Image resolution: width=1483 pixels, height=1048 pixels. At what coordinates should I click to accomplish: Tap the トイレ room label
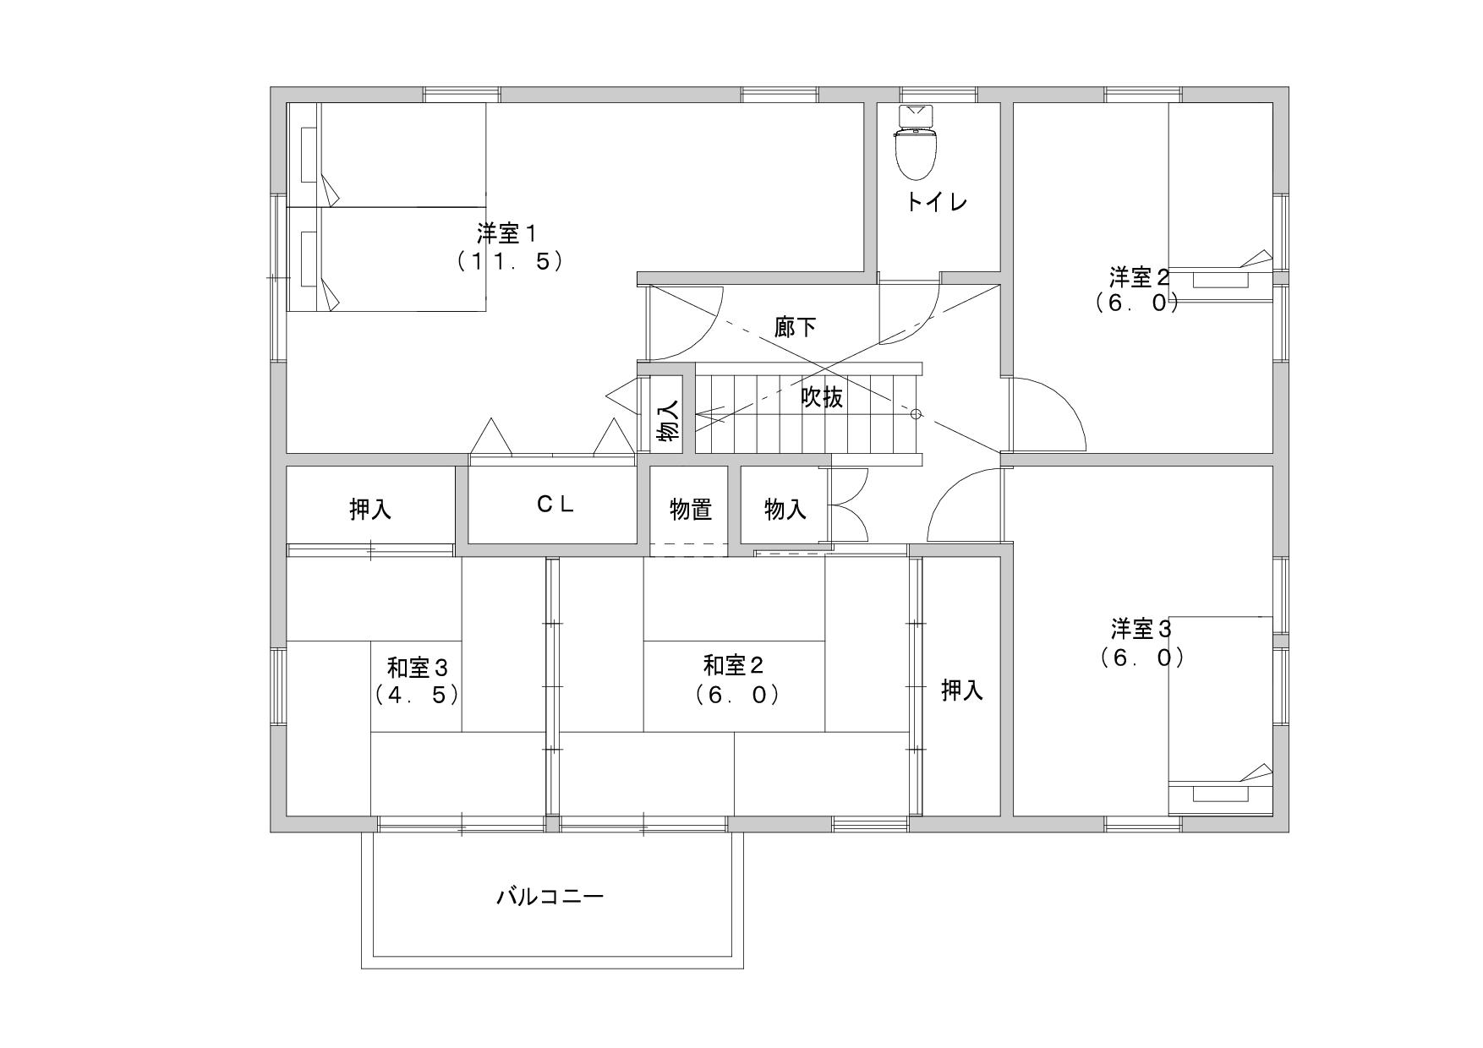click(x=937, y=202)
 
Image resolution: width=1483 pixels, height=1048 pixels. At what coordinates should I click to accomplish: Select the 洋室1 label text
click(x=508, y=232)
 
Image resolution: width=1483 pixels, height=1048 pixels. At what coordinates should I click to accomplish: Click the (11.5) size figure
click(x=510, y=260)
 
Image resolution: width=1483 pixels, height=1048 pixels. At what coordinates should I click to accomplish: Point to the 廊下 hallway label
click(x=795, y=327)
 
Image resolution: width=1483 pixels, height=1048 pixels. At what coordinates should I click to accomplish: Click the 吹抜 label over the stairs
click(x=822, y=396)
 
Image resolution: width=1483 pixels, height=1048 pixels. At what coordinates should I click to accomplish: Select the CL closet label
click(x=555, y=504)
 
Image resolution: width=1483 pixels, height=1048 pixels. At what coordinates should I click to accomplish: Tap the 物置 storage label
click(x=690, y=509)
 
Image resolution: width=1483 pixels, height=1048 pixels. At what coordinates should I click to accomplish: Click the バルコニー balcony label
click(x=550, y=896)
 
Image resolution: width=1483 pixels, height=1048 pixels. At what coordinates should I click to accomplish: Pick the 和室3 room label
click(x=417, y=668)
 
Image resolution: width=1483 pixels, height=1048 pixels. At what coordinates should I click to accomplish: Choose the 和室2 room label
click(x=734, y=666)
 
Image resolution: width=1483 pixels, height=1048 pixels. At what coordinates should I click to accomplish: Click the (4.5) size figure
click(x=417, y=695)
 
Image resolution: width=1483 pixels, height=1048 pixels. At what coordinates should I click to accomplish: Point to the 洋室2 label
click(x=1139, y=276)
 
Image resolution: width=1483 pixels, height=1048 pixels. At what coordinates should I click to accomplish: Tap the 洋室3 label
click(x=1141, y=629)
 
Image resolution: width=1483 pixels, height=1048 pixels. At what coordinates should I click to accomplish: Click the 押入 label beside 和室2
click(x=962, y=690)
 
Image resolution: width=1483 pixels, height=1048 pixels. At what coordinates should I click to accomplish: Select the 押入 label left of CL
click(x=370, y=509)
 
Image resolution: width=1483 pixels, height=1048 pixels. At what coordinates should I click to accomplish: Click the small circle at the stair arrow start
click(x=916, y=414)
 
